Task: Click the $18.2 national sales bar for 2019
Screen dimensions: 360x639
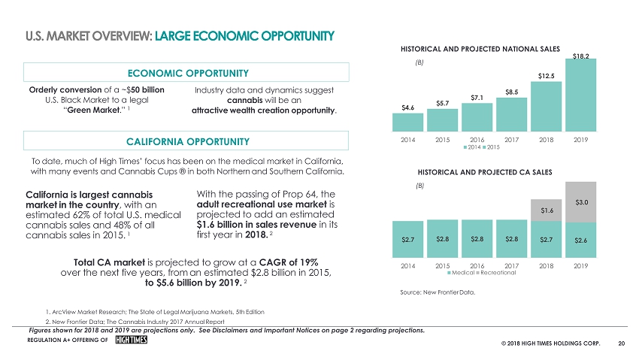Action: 580,94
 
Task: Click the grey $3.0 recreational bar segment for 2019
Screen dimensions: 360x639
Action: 580,201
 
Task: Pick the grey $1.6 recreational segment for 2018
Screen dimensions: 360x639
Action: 547,211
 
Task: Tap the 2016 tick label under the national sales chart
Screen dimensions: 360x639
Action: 477,140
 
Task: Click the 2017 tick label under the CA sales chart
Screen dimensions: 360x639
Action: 512,265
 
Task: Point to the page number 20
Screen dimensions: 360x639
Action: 621,343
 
